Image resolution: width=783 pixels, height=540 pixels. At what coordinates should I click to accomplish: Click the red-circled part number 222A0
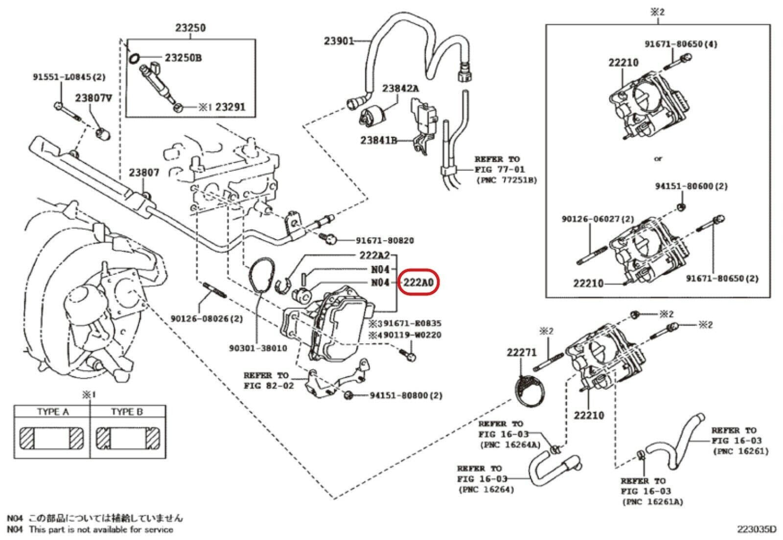[418, 283]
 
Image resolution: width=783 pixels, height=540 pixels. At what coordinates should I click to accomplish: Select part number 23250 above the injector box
[190, 28]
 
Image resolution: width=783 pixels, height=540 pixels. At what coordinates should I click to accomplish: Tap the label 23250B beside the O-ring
[183, 58]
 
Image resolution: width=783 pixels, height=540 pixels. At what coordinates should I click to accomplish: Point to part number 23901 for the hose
[339, 41]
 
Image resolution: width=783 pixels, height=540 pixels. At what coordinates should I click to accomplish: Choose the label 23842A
[400, 89]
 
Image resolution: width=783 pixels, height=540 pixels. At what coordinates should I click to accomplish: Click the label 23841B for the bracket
[378, 140]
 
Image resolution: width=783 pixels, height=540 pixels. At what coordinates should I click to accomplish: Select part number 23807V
[93, 98]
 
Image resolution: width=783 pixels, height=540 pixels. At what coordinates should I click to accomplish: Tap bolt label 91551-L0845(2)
[69, 77]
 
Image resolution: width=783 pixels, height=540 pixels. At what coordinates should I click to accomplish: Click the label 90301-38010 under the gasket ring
[258, 348]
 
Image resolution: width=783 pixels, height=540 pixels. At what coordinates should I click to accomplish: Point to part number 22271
[522, 352]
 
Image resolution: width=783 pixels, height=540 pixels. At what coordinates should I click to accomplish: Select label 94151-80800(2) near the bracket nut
[406, 395]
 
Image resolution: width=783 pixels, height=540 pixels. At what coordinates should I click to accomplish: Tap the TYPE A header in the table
[52, 412]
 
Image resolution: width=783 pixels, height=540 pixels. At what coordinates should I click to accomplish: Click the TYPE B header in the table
[127, 412]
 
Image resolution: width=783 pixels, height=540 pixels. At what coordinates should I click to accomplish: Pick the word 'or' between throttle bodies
[658, 158]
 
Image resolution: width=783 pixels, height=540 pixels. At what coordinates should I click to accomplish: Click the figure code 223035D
[757, 529]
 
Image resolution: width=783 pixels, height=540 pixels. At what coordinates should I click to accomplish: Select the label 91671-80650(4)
[681, 44]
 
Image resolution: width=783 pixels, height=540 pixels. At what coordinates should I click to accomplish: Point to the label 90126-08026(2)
[207, 319]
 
